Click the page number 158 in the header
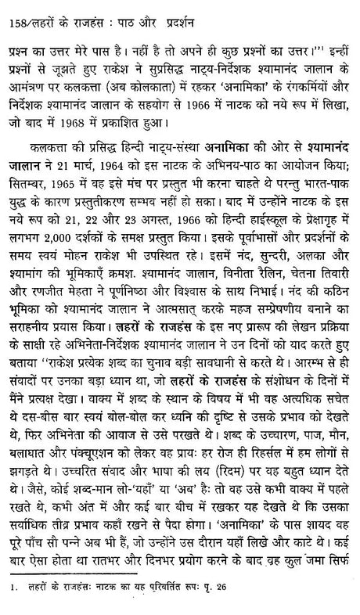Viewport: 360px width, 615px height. point(10,10)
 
